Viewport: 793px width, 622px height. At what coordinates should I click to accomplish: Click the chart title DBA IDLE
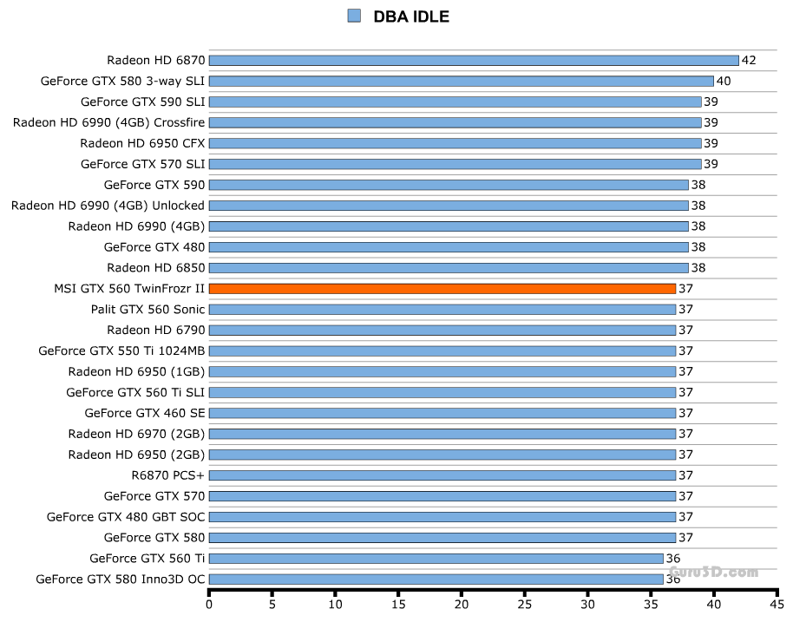click(410, 16)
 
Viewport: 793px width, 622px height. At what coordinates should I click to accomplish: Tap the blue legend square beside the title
click(353, 16)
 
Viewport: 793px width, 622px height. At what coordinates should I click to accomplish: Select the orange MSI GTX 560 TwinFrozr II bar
click(442, 288)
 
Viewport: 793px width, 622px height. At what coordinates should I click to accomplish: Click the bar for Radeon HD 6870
click(473, 60)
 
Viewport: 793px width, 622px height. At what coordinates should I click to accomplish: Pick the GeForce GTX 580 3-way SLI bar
click(461, 81)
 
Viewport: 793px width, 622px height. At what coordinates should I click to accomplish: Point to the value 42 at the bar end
click(749, 60)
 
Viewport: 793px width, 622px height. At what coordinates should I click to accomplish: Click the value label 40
click(724, 81)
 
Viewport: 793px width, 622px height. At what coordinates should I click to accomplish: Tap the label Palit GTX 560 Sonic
click(147, 309)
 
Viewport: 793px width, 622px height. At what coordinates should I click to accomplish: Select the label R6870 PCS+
click(167, 475)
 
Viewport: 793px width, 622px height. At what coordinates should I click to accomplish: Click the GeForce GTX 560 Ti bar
click(436, 559)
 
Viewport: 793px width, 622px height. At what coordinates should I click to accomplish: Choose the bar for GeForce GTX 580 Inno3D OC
click(436, 579)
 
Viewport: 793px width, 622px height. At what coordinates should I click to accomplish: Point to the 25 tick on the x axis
click(525, 605)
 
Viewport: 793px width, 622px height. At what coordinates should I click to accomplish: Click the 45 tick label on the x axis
click(777, 605)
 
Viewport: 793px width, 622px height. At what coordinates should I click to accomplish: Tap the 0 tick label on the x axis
click(209, 605)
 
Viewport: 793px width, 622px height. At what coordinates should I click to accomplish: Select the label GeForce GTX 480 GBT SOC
click(126, 517)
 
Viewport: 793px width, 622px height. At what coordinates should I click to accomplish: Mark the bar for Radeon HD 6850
click(448, 267)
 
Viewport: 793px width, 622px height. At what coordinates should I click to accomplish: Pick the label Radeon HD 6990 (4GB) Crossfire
click(108, 122)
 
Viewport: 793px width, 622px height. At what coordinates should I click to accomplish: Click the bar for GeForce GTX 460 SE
click(442, 413)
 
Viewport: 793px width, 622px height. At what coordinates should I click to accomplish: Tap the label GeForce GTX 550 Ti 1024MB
click(121, 350)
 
